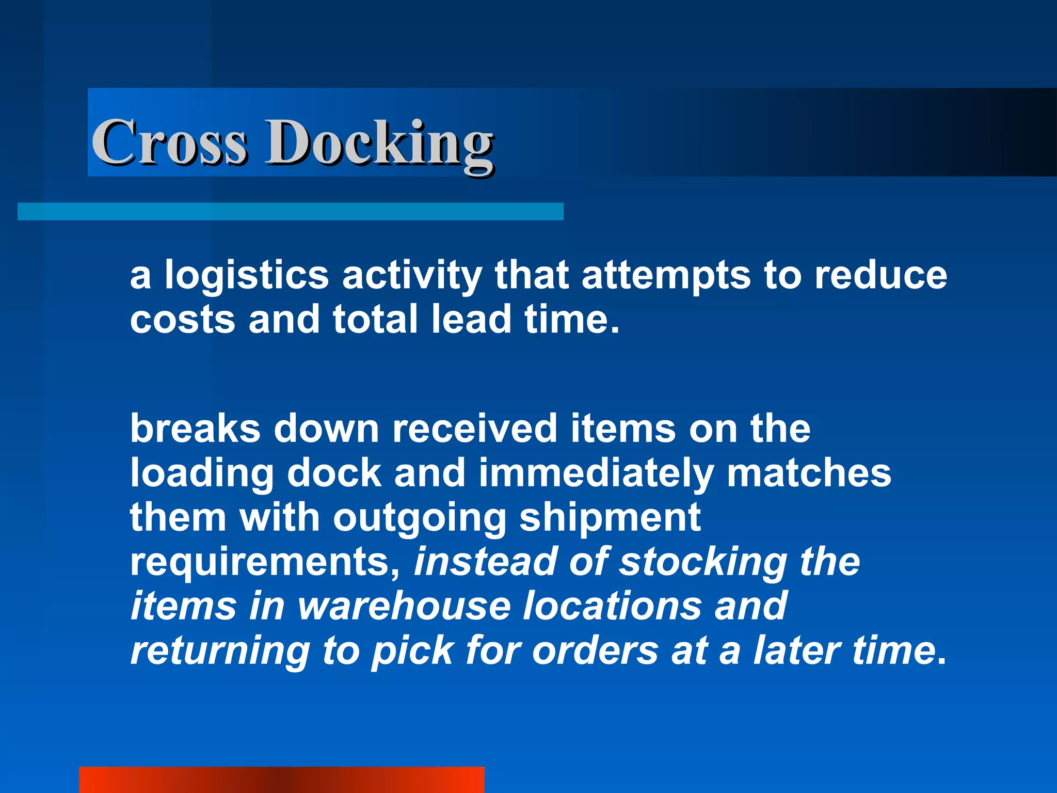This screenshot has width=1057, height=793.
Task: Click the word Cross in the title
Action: (169, 142)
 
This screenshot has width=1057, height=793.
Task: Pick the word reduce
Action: (880, 275)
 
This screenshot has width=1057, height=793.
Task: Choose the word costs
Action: (183, 320)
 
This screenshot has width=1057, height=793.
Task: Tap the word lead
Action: (471, 319)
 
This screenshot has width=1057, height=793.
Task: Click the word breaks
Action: (195, 429)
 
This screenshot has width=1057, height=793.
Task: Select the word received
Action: (474, 429)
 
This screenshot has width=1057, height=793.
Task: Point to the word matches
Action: (809, 473)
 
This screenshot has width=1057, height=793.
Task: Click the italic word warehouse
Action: (404, 606)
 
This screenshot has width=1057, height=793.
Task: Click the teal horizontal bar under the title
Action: (290, 212)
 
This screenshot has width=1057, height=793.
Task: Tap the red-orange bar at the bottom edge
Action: (281, 780)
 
